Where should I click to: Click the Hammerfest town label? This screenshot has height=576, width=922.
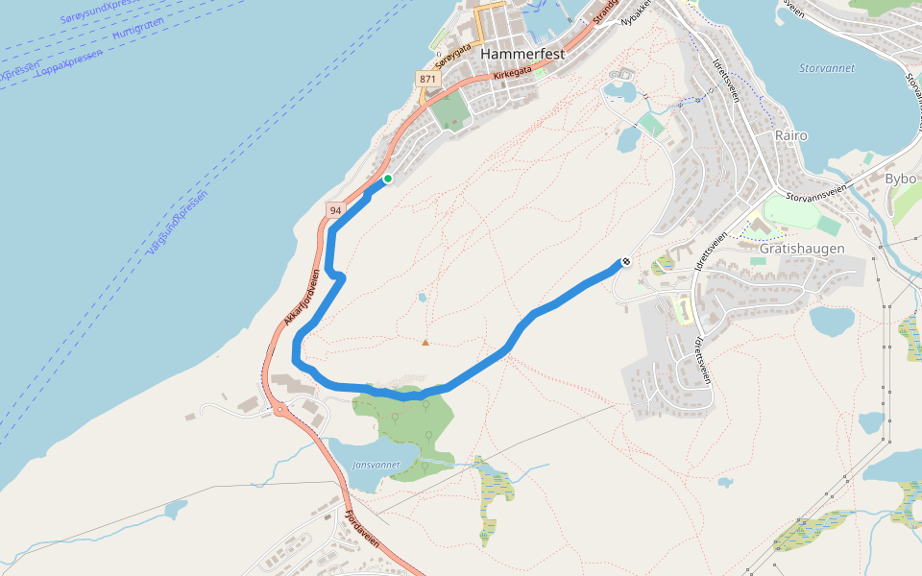[x=522, y=55]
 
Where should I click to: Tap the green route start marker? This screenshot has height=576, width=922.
[x=387, y=179]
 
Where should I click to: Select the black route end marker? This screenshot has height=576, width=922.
[x=625, y=260]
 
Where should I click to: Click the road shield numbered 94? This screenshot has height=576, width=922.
[x=334, y=209]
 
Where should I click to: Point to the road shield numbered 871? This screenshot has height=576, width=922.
[x=427, y=79]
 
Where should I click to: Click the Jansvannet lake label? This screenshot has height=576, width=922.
[x=376, y=465]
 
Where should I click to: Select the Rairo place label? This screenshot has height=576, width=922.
[x=794, y=135]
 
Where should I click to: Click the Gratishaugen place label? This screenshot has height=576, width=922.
[x=802, y=248]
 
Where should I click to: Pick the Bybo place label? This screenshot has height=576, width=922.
[x=900, y=180]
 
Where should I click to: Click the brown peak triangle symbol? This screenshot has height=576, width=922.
[x=425, y=342]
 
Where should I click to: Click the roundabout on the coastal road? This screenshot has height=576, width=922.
[x=280, y=410]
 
